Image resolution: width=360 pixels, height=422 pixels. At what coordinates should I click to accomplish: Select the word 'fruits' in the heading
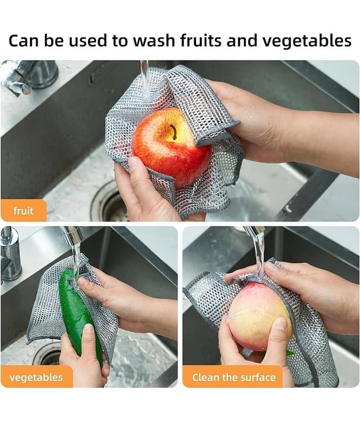(201, 40)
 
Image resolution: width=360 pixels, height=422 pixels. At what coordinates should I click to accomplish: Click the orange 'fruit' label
(24, 210)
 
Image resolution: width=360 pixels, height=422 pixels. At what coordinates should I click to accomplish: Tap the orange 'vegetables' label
(36, 377)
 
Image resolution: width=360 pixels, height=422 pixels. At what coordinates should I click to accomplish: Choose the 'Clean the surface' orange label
(233, 377)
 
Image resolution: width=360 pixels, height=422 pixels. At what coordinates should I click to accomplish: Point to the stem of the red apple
(173, 131)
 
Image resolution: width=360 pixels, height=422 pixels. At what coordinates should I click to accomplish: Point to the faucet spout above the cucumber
(73, 235)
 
